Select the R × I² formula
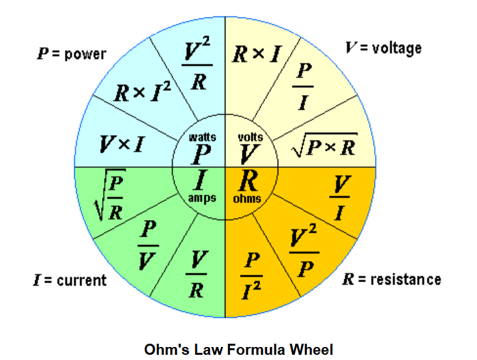(x=143, y=93)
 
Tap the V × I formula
(x=122, y=143)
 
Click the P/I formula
(x=302, y=87)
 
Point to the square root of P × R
(x=324, y=147)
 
